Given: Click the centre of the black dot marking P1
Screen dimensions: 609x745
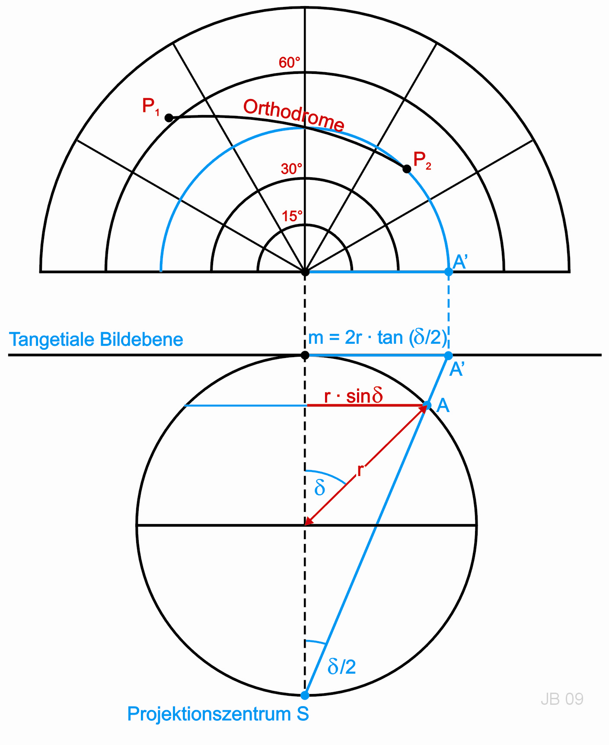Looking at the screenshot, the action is tap(169, 118).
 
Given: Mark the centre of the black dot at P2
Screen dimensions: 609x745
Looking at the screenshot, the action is tap(407, 169).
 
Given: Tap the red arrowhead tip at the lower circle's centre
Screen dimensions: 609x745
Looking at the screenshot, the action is tap(305, 525).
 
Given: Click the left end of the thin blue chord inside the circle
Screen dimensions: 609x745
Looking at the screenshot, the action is tap(185, 405).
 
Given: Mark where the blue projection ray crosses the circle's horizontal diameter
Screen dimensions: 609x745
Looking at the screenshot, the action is tap(376, 525).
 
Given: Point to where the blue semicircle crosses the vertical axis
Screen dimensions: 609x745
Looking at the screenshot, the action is tap(305, 128).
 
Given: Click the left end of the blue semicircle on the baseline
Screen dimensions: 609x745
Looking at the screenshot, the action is tap(161, 271).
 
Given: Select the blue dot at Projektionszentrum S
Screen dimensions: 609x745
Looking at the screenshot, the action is tap(305, 695).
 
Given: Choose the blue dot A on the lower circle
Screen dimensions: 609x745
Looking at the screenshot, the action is tap(427, 405).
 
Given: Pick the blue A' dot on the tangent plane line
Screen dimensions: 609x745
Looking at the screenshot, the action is tap(449, 355).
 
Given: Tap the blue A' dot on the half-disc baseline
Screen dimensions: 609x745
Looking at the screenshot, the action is tap(449, 272).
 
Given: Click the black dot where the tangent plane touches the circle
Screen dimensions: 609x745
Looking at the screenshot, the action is tap(305, 355).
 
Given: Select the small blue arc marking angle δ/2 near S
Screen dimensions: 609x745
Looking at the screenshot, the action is tap(316, 642).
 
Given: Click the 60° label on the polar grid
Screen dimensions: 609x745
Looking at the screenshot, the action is tap(290, 63).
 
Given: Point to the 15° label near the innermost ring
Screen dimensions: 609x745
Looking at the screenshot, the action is tap(292, 216).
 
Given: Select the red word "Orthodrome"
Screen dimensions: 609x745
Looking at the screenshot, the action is tap(294, 115).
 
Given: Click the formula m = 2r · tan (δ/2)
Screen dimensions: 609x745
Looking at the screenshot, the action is tap(377, 337).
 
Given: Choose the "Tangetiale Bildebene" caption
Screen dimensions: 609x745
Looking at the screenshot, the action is tap(96, 340).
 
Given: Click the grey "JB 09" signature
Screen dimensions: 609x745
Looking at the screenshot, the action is tap(562, 699).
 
